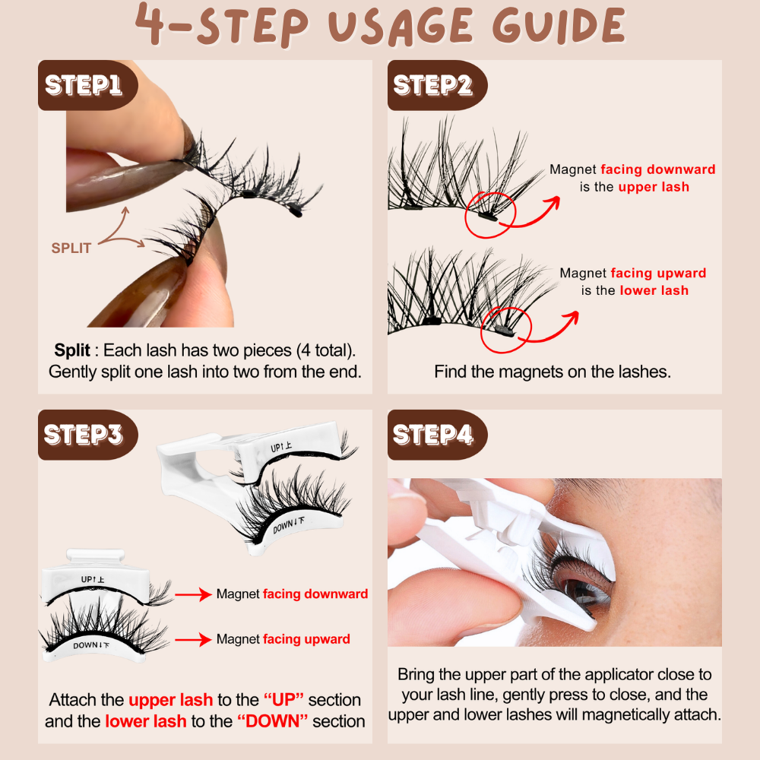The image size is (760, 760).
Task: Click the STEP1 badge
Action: (84, 84)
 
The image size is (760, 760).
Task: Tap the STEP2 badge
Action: (432, 84)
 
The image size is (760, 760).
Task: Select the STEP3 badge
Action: (84, 434)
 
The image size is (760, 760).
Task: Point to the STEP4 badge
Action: (432, 434)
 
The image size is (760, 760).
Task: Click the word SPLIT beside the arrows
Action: (71, 249)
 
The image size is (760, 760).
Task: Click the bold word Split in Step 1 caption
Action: (72, 350)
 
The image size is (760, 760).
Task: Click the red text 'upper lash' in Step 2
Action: (654, 186)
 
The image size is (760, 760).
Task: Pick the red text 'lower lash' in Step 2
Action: (654, 290)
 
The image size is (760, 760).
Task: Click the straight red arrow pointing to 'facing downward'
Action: (193, 594)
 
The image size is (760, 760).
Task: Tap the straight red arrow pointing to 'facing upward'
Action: (193, 639)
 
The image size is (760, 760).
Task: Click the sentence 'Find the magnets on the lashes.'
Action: (554, 372)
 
